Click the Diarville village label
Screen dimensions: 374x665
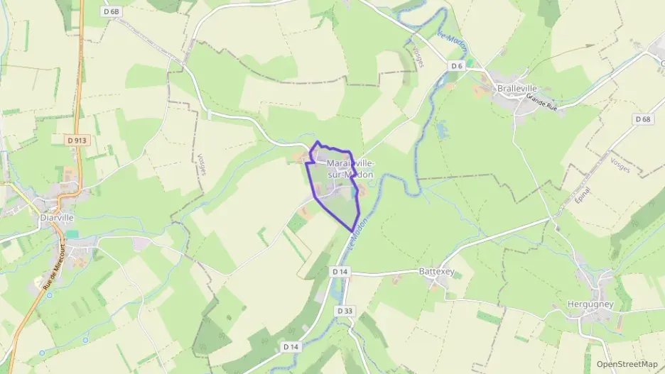point(57,218)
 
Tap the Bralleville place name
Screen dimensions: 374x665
point(517,88)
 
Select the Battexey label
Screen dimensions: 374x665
point(436,271)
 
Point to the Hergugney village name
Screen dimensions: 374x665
point(590,304)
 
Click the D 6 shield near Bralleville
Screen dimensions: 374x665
point(456,66)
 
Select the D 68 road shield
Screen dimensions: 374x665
point(643,119)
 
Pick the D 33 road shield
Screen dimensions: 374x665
point(345,311)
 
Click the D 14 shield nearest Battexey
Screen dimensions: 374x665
point(340,272)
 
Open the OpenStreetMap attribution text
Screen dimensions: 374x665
point(627,363)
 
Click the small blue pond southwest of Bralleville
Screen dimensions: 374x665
point(443,130)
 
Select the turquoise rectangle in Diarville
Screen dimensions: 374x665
point(72,234)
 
